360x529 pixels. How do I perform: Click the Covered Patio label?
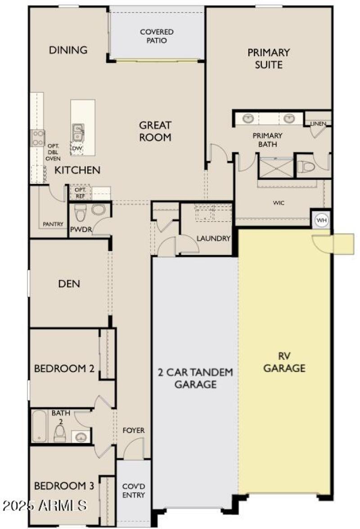click(157, 36)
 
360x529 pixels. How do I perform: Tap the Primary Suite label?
click(269, 58)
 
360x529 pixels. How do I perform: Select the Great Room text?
click(155, 131)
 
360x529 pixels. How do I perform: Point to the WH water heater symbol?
click(321, 220)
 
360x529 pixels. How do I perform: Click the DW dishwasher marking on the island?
click(77, 148)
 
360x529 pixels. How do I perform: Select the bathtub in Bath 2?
click(39, 426)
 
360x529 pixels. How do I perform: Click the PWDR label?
click(81, 229)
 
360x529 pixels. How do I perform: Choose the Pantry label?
click(53, 224)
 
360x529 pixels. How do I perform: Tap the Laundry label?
click(213, 238)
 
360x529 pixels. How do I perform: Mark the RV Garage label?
click(284, 362)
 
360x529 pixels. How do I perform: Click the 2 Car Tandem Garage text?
click(195, 378)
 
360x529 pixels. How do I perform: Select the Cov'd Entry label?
click(134, 491)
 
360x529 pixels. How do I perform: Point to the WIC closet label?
click(279, 203)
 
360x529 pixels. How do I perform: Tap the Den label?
click(69, 283)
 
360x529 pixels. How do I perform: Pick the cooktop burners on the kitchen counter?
click(38, 137)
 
